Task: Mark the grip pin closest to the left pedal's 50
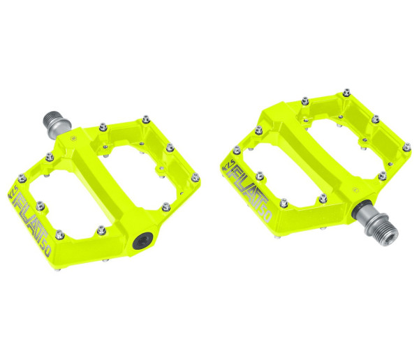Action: tap(59, 233)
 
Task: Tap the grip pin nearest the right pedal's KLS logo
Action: tap(236, 150)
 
